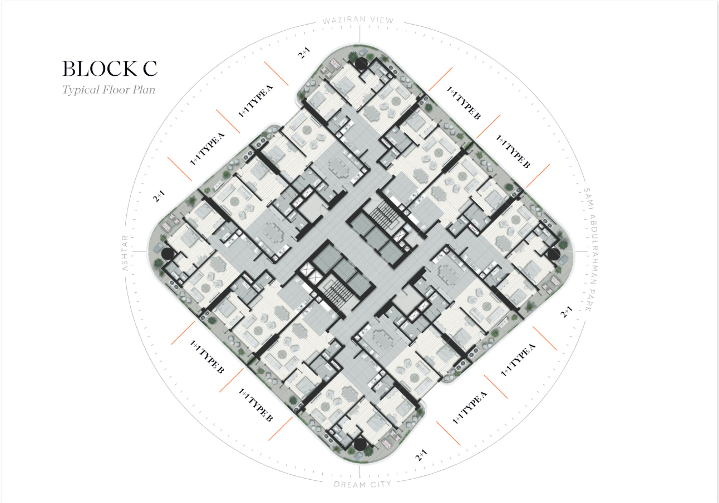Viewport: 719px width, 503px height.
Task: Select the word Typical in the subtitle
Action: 81,90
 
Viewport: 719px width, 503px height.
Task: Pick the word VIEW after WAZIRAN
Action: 382,20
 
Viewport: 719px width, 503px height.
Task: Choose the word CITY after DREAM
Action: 381,484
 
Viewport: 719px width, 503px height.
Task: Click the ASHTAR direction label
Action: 125,253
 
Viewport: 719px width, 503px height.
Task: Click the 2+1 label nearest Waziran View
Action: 304,53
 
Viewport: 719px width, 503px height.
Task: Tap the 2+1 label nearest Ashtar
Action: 159,196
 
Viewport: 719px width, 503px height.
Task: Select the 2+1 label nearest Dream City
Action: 421,455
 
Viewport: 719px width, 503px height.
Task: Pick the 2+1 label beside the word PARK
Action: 566,312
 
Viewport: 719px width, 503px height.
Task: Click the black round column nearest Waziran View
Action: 361,63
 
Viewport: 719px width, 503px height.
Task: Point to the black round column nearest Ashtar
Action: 167,253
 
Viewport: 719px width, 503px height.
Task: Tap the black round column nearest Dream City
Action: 360,444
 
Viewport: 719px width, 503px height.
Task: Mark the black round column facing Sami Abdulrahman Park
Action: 553,254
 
